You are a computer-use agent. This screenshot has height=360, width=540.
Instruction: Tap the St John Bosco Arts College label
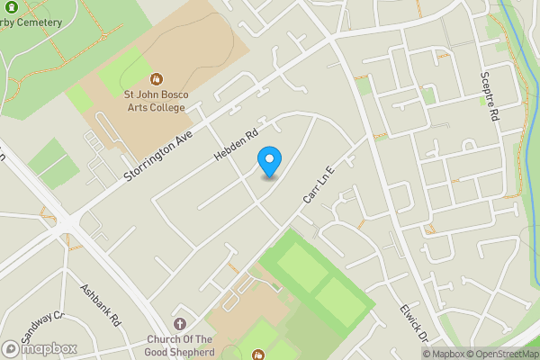148,101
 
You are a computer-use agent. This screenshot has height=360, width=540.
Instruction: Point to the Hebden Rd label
237,142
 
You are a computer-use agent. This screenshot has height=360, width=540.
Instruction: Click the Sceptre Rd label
489,97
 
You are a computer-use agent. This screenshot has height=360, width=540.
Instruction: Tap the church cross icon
179,324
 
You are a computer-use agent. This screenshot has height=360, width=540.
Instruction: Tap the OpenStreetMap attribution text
507,354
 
